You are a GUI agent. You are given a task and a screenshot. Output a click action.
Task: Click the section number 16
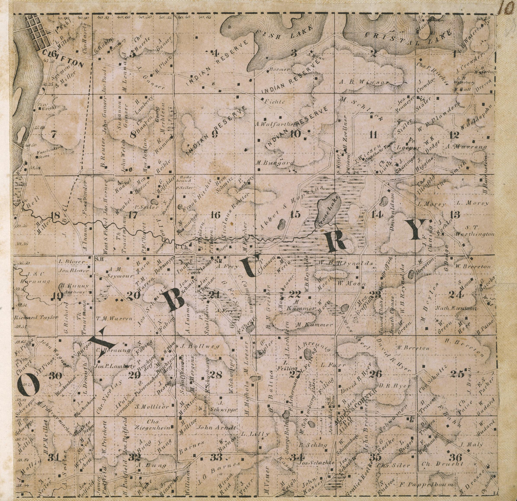(x=215, y=215)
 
